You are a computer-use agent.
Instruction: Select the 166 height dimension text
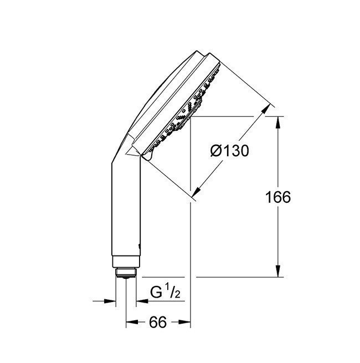[278, 198]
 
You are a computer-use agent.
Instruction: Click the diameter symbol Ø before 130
[217, 150]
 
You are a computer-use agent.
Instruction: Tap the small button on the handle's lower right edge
[140, 244]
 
